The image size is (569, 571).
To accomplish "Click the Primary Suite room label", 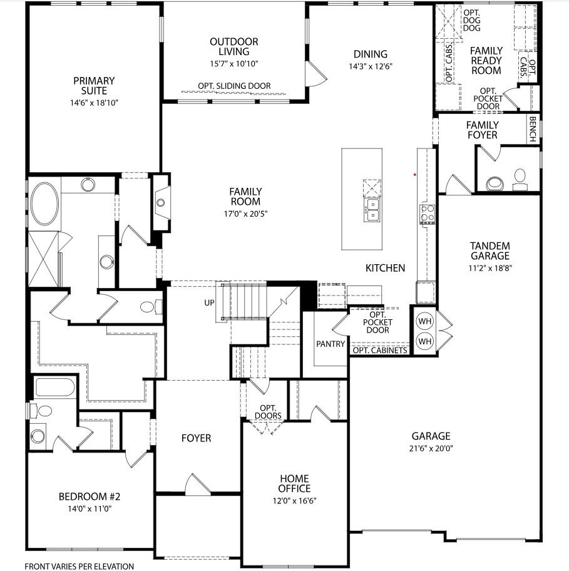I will click(x=94, y=86).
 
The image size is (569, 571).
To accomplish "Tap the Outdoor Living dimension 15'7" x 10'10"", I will click(x=233, y=63).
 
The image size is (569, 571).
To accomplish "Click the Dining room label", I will click(x=370, y=54).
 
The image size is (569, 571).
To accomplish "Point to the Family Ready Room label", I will click(x=486, y=60).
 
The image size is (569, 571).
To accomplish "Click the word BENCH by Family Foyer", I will click(x=533, y=129).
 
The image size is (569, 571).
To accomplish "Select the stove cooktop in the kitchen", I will click(x=428, y=213).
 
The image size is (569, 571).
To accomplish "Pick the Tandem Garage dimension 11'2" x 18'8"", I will click(x=490, y=267).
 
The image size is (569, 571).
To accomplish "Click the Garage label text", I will click(x=431, y=436).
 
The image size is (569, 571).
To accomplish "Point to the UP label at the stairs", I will click(x=209, y=302).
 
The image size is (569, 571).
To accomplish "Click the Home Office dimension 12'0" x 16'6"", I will click(x=294, y=501).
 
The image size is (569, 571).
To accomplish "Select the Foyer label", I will click(x=196, y=438).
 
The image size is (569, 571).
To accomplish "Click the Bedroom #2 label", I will click(x=89, y=496).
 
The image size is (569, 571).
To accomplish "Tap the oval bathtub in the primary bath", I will click(x=44, y=203).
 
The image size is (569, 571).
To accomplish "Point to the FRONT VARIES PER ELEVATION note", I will click(x=79, y=566).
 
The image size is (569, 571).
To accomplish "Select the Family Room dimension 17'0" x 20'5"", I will click(x=245, y=213).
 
